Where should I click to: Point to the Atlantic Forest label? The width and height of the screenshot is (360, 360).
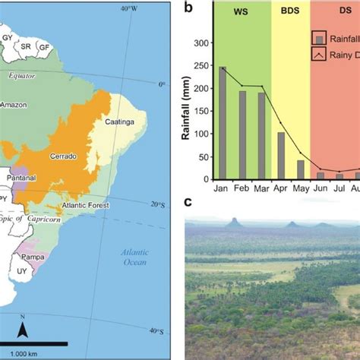pos(86,205)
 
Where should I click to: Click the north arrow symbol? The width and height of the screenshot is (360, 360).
pos(24,327)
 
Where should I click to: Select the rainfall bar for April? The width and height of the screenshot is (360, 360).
pos(280,155)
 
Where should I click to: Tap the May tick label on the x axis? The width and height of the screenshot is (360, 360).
pos(300,187)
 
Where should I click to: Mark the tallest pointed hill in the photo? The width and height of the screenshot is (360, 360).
pos(233,223)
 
